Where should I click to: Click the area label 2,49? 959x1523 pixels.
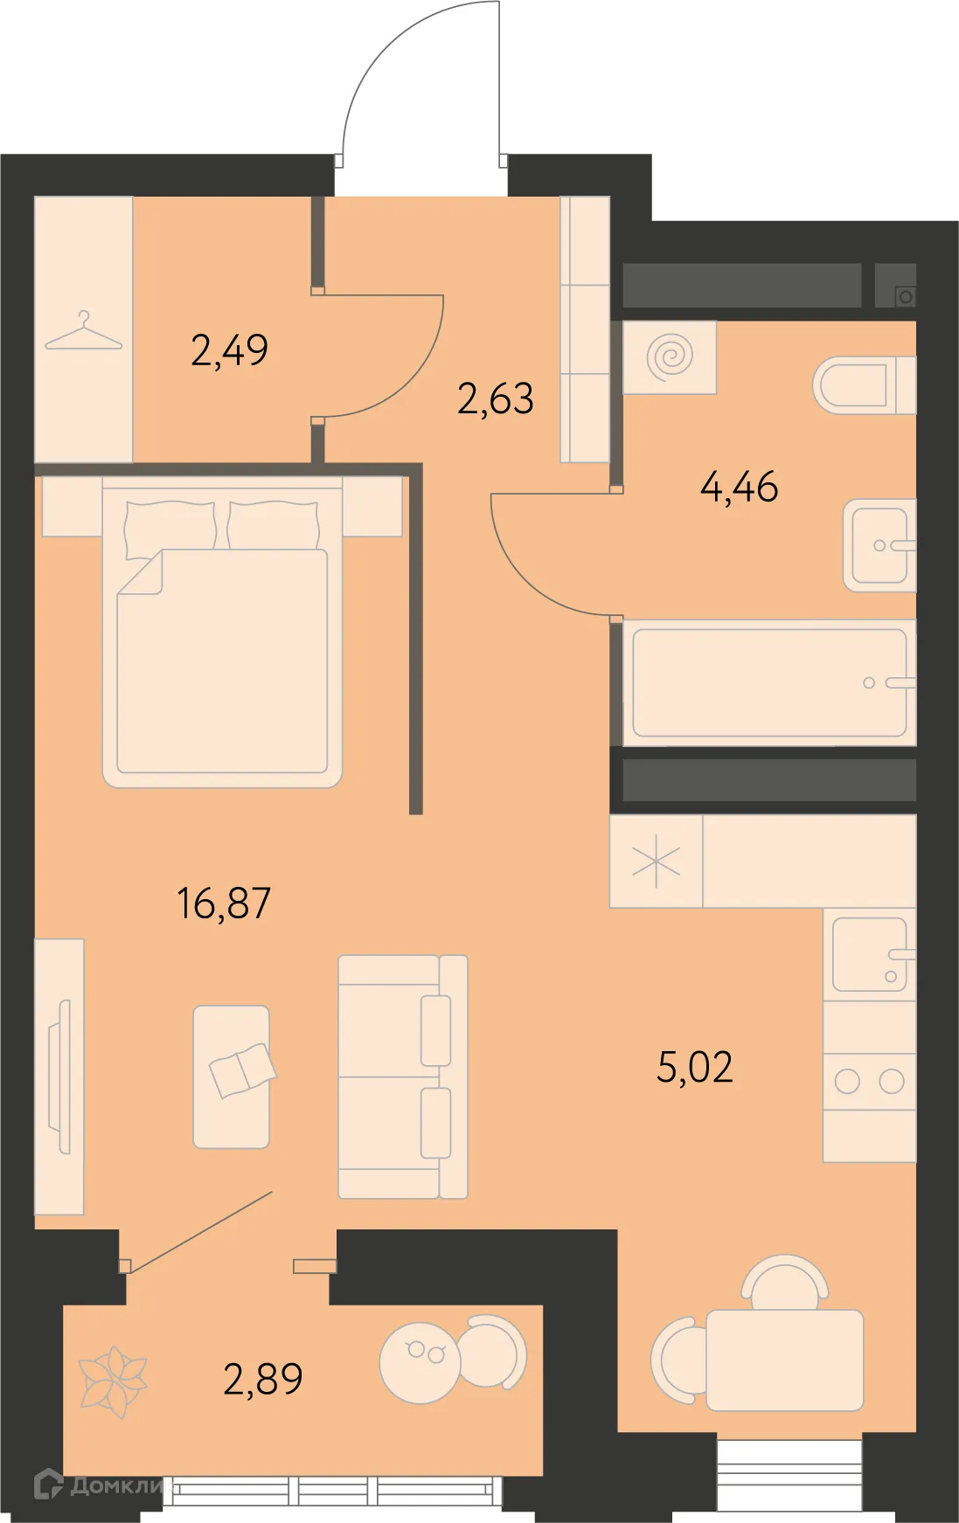[229, 350]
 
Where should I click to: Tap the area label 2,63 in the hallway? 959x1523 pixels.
[495, 399]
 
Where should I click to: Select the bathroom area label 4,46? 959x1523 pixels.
[739, 488]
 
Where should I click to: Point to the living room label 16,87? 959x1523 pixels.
[224, 903]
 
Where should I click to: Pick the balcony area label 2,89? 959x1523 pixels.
[263, 1379]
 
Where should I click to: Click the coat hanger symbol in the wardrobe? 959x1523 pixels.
[83, 332]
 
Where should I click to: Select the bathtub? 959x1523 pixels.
[769, 682]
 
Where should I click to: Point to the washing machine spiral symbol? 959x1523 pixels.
[671, 357]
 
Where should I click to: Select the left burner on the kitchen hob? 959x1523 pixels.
[846, 1082]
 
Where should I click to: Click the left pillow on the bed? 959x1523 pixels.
[170, 526]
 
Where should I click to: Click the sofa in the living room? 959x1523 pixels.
[402, 1076]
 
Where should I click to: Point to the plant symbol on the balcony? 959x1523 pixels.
[112, 1378]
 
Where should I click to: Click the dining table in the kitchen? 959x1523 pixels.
[784, 1360]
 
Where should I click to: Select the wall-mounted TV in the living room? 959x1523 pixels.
[62, 1076]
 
